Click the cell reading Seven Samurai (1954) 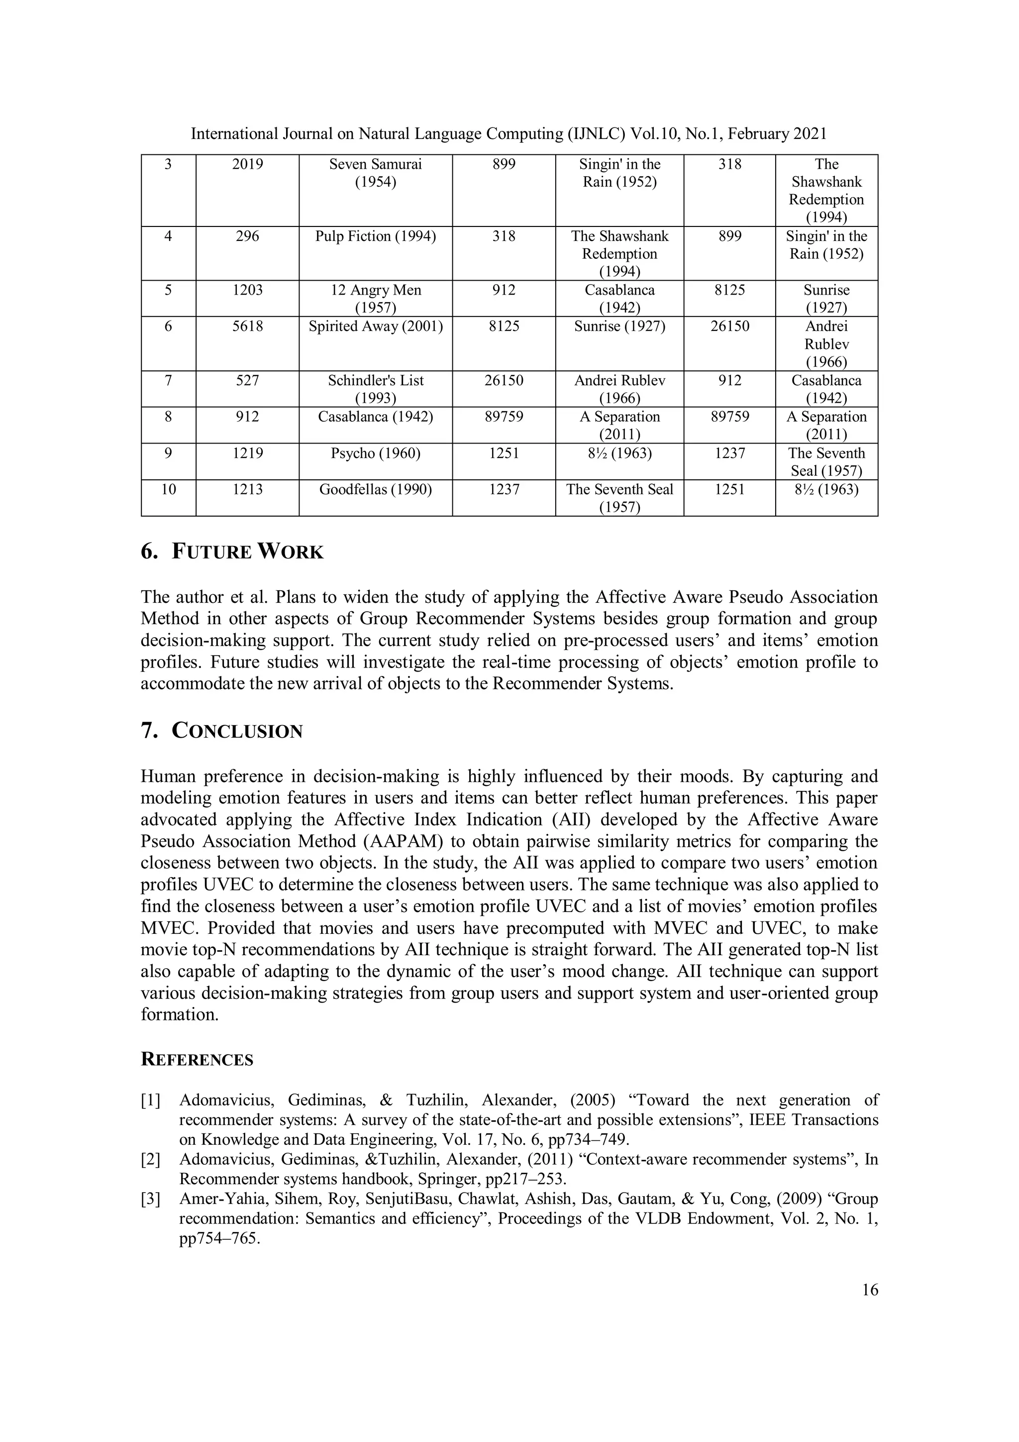(x=376, y=173)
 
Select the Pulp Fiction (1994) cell (x=376, y=236)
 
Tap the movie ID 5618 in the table (x=247, y=327)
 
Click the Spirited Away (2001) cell (x=376, y=327)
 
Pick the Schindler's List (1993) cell (x=376, y=389)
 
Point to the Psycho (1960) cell (x=376, y=453)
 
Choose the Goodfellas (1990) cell (x=376, y=490)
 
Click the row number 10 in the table (x=168, y=490)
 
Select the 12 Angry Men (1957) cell (x=376, y=298)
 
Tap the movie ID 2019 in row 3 (x=247, y=165)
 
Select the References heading (x=197, y=1060)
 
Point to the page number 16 (x=870, y=1290)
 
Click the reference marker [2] (x=151, y=1159)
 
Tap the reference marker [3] (x=151, y=1199)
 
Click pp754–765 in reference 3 (x=219, y=1239)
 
